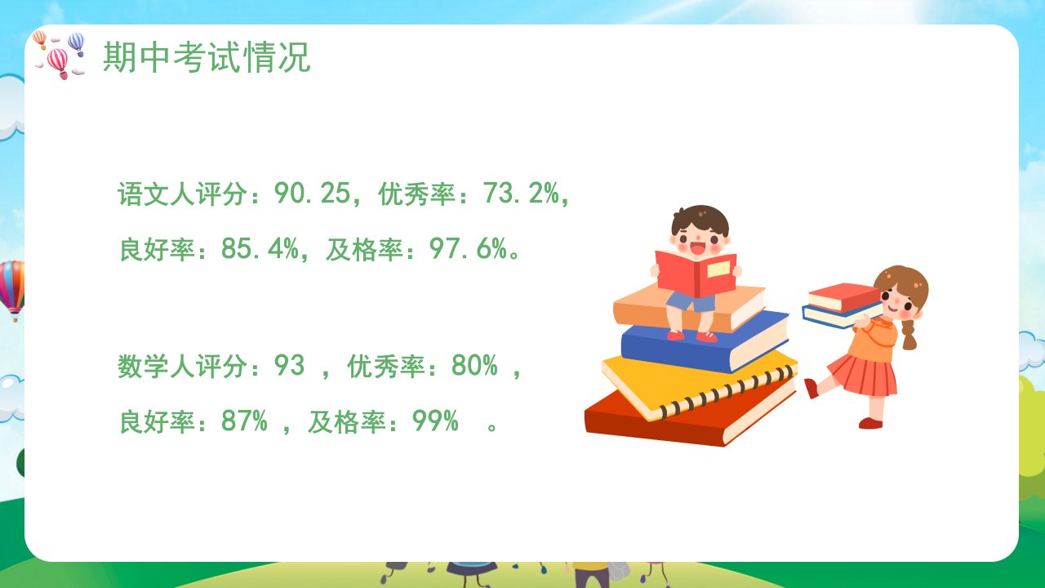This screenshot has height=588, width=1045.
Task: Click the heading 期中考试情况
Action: point(207,57)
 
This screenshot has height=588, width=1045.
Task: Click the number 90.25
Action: point(312,193)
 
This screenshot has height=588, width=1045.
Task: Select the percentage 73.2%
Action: point(521,193)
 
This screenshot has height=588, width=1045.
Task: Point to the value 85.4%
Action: point(260,248)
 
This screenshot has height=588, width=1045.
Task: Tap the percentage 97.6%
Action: point(468,248)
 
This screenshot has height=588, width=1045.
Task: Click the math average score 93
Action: point(289,365)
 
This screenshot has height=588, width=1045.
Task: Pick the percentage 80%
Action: point(474,365)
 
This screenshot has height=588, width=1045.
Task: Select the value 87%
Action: point(244,421)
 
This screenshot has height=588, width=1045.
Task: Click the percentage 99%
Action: point(435,421)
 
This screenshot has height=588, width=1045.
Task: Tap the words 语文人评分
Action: point(182,194)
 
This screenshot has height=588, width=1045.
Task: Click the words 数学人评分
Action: point(182,365)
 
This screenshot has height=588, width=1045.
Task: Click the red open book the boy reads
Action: point(696,274)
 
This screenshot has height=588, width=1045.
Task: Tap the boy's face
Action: point(700,241)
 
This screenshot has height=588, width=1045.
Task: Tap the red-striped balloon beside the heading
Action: point(58,62)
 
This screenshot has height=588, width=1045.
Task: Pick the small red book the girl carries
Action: point(844,297)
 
